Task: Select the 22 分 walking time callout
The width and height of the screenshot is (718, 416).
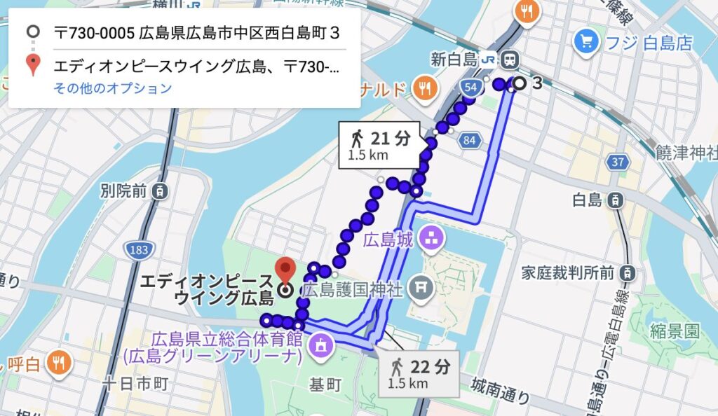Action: pyautogui.click(x=419, y=373)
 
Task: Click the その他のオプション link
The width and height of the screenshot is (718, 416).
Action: pyautogui.click(x=112, y=88)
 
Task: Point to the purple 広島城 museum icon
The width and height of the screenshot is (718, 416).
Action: pyautogui.click(x=431, y=240)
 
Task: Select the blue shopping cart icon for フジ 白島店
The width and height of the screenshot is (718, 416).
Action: pyautogui.click(x=584, y=43)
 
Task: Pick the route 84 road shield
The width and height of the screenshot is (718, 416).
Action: pyautogui.click(x=470, y=141)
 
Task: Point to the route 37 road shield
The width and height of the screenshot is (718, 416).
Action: pyautogui.click(x=617, y=162)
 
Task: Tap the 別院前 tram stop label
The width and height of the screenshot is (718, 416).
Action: pyautogui.click(x=125, y=190)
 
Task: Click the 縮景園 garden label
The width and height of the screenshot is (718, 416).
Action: pyautogui.click(x=674, y=328)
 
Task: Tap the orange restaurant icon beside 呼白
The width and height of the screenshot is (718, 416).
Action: pyautogui.click(x=58, y=363)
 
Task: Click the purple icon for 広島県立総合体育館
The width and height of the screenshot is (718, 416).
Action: pyautogui.click(x=320, y=345)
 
